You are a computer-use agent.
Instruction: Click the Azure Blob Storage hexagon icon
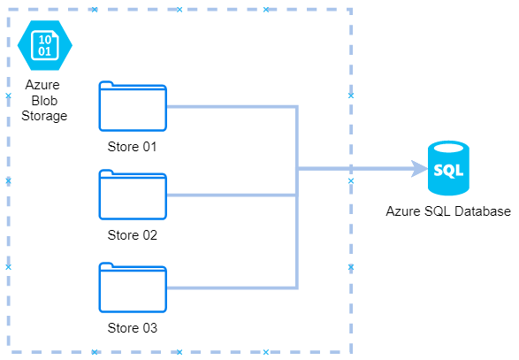[x=45, y=45]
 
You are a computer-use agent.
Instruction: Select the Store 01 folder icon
[x=133, y=106]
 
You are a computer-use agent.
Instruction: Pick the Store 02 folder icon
[x=133, y=195]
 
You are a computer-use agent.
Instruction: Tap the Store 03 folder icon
[x=133, y=287]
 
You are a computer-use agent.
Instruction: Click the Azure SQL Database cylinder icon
[x=448, y=168]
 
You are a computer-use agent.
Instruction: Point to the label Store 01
[x=132, y=146]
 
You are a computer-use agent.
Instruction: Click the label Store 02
[x=132, y=234]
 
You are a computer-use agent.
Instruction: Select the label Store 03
[x=132, y=327]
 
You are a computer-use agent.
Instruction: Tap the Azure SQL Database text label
[x=448, y=211]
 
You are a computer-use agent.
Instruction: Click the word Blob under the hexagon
[x=44, y=100]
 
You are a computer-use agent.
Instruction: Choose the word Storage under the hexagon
[x=44, y=116]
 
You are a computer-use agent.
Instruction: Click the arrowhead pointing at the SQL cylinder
[x=419, y=169]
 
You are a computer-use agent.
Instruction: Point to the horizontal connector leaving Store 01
[x=233, y=107]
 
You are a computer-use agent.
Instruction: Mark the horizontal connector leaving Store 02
[x=233, y=195]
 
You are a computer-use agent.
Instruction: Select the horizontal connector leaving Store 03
[x=233, y=287]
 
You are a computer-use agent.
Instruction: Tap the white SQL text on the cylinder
[x=448, y=170]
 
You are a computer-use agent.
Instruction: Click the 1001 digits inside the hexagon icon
[x=45, y=45]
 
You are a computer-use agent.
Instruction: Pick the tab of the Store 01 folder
[x=106, y=84]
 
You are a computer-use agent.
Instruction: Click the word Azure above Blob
[x=42, y=85]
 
